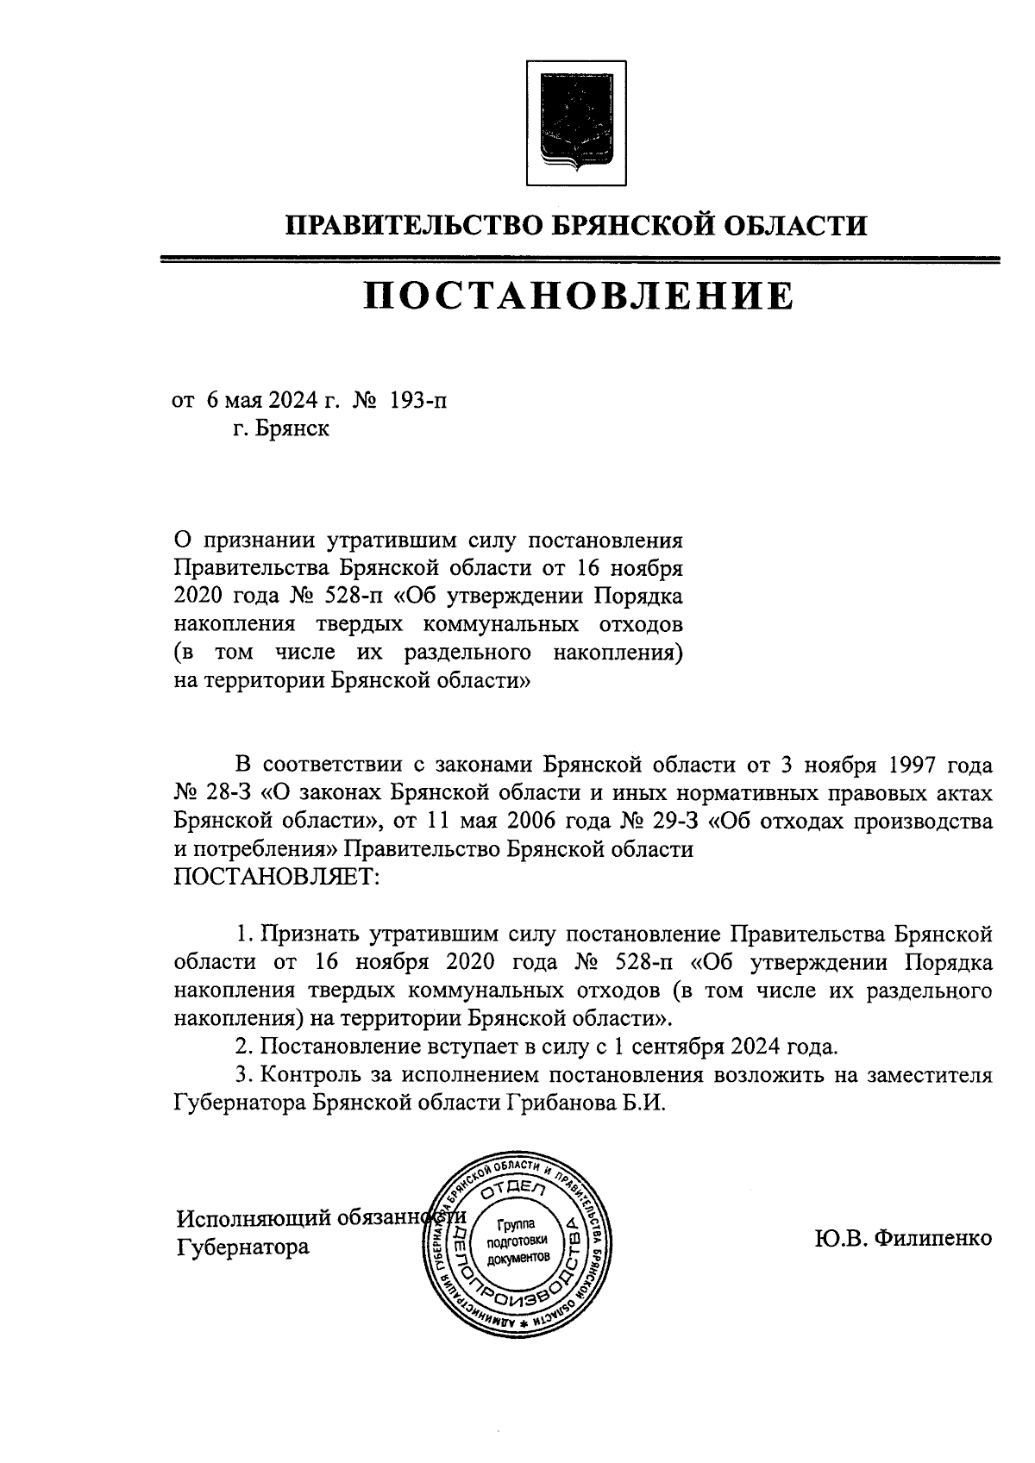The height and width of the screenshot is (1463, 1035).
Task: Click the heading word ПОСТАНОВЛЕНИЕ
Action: pyautogui.click(x=577, y=296)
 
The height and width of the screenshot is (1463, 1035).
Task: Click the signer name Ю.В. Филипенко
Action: pyautogui.click(x=902, y=1239)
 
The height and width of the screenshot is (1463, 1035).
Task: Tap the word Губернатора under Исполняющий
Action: pyautogui.click(x=242, y=1247)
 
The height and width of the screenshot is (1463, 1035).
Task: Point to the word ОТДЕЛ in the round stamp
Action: pyautogui.click(x=516, y=1192)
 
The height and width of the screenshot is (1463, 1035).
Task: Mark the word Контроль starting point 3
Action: pyautogui.click(x=311, y=1076)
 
